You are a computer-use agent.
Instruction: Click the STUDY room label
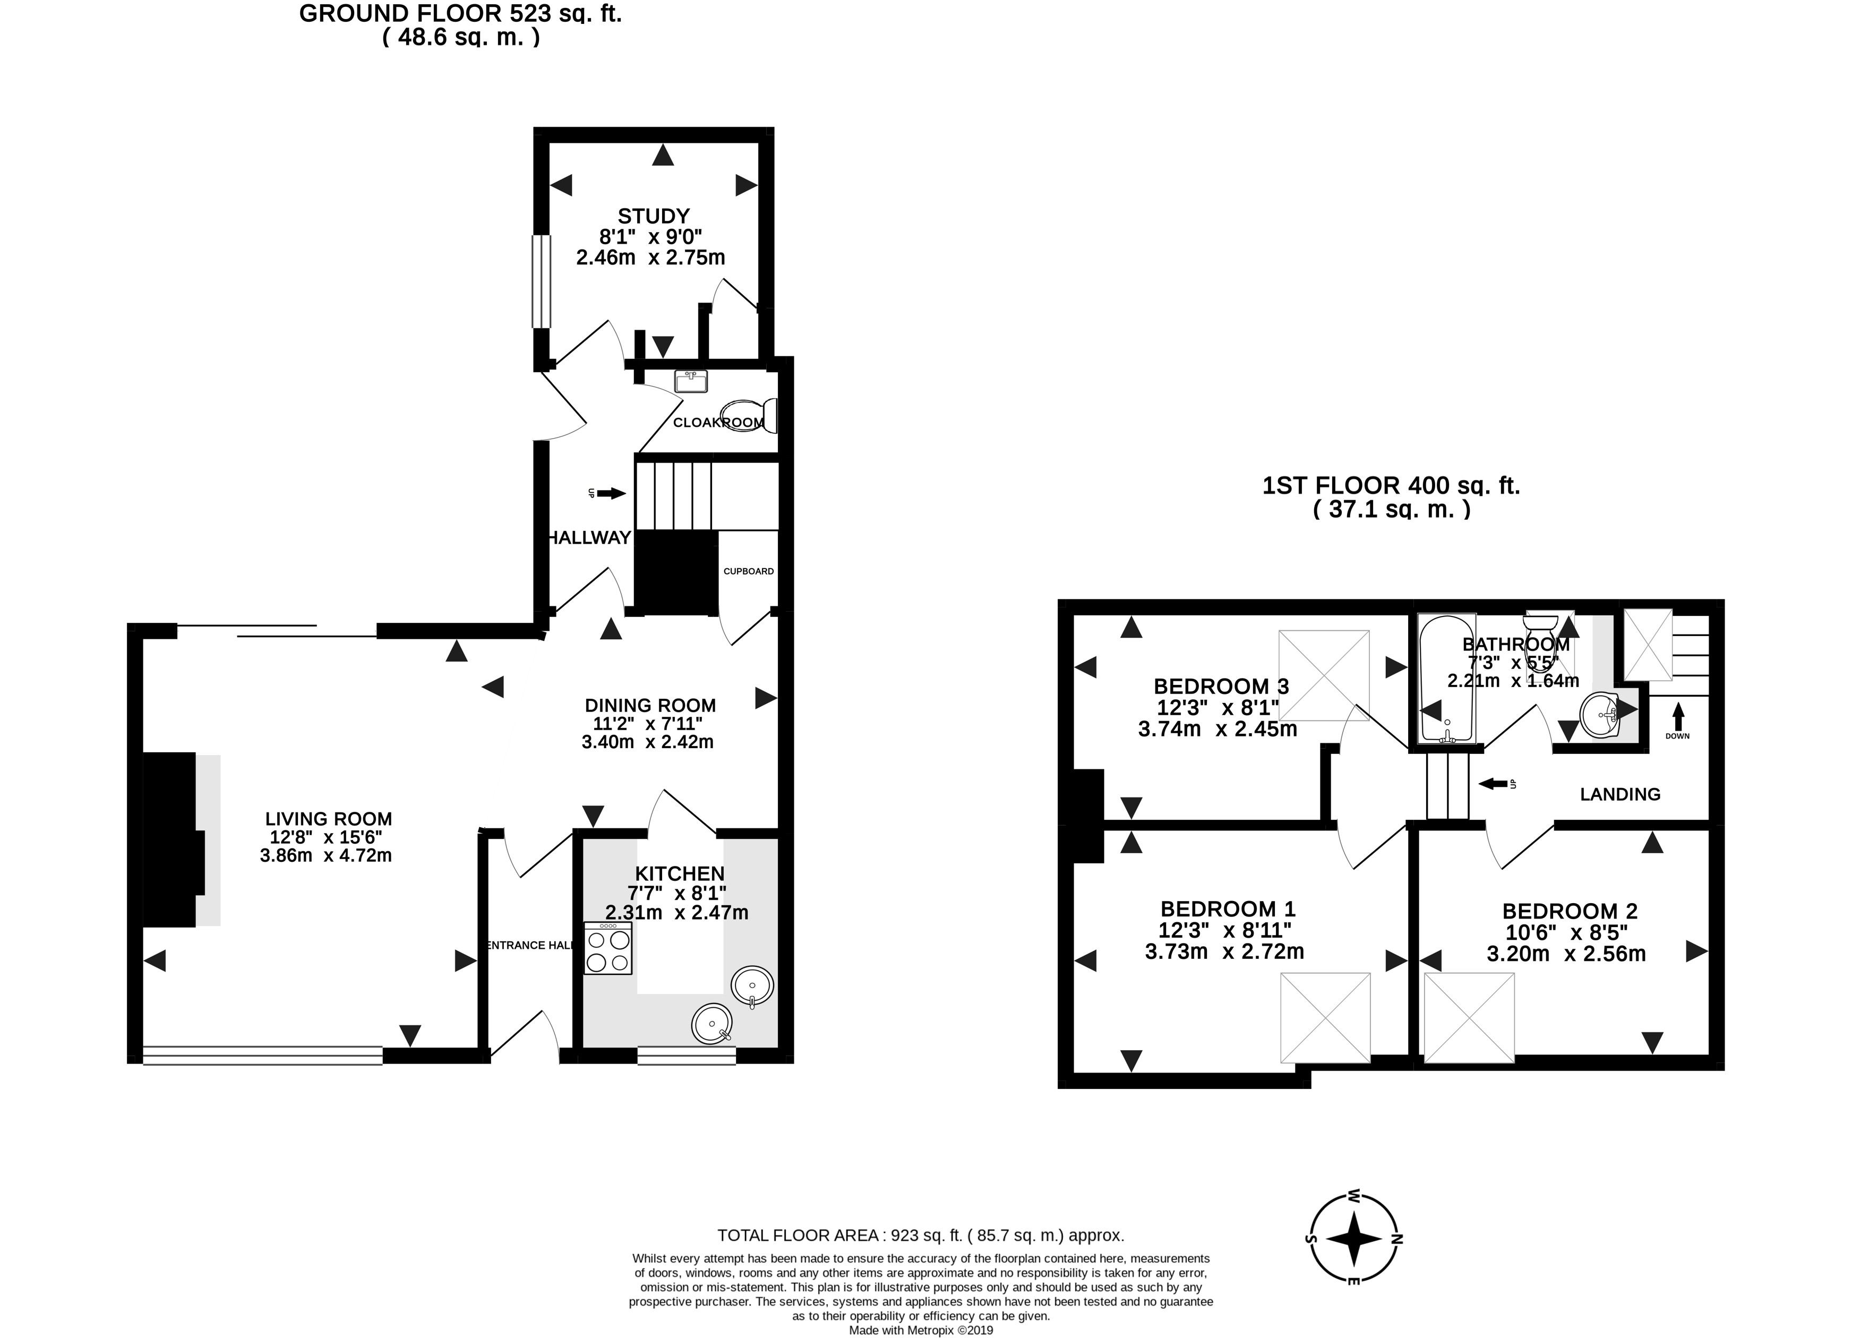[653, 216]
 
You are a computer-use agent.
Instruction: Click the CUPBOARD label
[748, 571]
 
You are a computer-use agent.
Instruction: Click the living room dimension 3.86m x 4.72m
[326, 855]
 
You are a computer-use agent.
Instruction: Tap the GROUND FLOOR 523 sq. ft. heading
[460, 14]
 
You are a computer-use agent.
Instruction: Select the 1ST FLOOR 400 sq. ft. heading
[1391, 486]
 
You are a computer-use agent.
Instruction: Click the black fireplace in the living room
[172, 839]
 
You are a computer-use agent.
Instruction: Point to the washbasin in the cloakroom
[691, 381]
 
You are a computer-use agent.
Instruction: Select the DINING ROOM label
[650, 705]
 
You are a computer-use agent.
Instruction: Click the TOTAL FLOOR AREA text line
[920, 1235]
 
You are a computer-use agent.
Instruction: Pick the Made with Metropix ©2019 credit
[920, 1330]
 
